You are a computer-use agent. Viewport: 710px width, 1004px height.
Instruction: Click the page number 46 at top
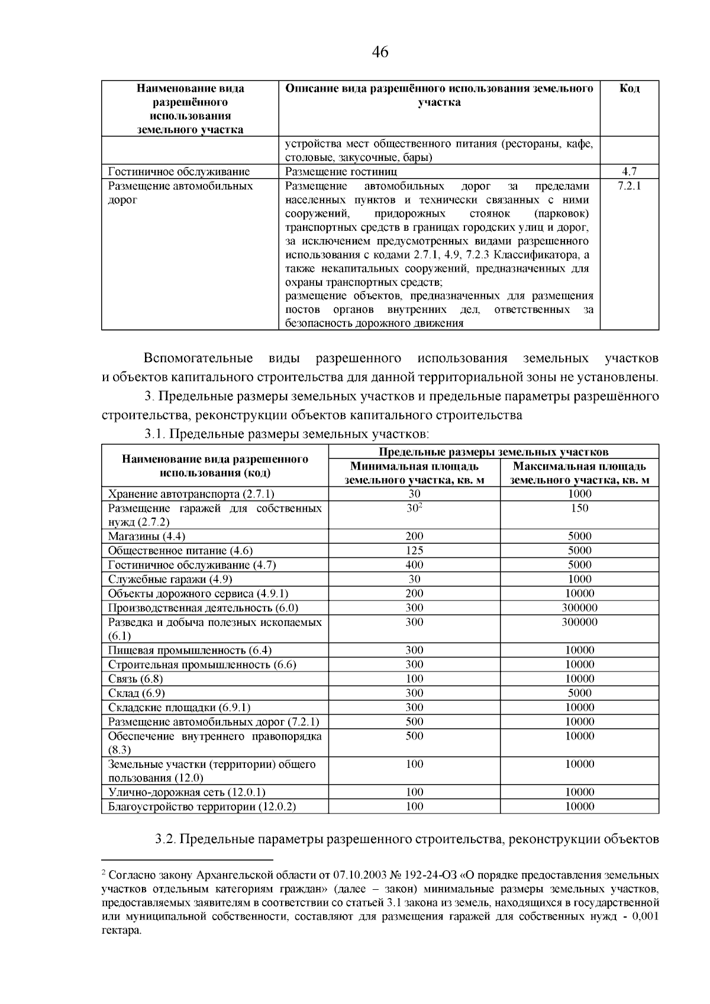[380, 53]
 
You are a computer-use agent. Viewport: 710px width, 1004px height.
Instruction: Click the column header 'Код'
[629, 89]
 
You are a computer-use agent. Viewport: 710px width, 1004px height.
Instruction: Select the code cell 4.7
[629, 172]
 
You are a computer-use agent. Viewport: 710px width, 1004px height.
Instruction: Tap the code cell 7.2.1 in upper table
[629, 186]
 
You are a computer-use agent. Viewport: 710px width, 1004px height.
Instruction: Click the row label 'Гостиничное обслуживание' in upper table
[179, 172]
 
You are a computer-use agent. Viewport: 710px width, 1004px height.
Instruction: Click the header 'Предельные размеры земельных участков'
[493, 452]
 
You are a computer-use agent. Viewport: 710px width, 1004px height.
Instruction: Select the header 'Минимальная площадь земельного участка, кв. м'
[414, 473]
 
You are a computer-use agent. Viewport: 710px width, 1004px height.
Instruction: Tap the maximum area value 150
[579, 508]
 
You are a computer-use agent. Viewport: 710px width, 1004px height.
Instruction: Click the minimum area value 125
[414, 550]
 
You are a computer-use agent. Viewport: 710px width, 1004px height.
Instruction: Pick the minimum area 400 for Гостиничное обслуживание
[414, 564]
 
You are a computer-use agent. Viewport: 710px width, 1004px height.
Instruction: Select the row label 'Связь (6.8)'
[135, 679]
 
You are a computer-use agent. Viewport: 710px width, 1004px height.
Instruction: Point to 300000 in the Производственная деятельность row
[579, 608]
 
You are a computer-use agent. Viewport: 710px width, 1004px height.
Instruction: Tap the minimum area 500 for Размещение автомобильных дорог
[414, 722]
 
